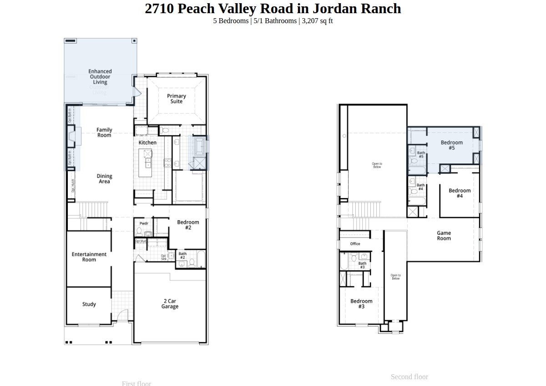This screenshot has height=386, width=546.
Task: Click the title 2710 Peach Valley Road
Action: (273, 9)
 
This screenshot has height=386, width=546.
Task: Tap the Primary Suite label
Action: (176, 99)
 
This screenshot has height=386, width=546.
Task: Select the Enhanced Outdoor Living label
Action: (100, 77)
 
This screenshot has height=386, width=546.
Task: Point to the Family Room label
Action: (104, 133)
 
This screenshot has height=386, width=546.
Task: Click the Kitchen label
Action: (147, 143)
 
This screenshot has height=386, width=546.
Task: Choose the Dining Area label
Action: (104, 179)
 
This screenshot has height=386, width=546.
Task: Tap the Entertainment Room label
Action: (89, 257)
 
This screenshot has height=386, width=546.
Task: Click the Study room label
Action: (89, 304)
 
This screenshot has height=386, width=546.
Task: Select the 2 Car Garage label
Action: (170, 304)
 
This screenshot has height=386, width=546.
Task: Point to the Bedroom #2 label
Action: (188, 225)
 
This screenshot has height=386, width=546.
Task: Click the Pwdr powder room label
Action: (144, 223)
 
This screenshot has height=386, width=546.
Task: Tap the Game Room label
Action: (444, 236)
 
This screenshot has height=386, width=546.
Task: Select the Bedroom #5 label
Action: (451, 145)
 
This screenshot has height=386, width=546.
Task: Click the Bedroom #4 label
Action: (460, 193)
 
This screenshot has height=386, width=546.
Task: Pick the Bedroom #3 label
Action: (361, 304)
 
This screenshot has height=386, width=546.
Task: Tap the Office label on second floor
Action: (355, 244)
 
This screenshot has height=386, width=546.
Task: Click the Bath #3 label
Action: (362, 265)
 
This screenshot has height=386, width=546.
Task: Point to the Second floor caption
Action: (409, 376)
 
